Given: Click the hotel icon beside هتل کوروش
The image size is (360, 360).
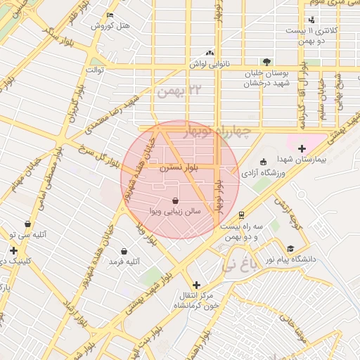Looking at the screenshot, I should (109, 15).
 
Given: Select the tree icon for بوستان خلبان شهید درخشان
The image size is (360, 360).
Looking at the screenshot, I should (266, 62).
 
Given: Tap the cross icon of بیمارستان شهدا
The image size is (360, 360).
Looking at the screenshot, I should (302, 148).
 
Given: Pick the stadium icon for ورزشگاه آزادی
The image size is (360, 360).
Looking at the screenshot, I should (264, 162).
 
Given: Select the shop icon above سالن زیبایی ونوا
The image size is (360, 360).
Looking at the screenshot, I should (174, 200).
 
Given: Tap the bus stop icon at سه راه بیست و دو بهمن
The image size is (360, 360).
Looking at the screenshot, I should (242, 215).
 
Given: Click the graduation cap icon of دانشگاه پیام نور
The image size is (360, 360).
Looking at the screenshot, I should (290, 249).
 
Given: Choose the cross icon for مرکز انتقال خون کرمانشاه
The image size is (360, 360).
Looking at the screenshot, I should (196, 285).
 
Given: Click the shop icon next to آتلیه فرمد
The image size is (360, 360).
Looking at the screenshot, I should (124, 251).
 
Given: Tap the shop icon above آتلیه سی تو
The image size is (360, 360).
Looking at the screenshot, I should (27, 224).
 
